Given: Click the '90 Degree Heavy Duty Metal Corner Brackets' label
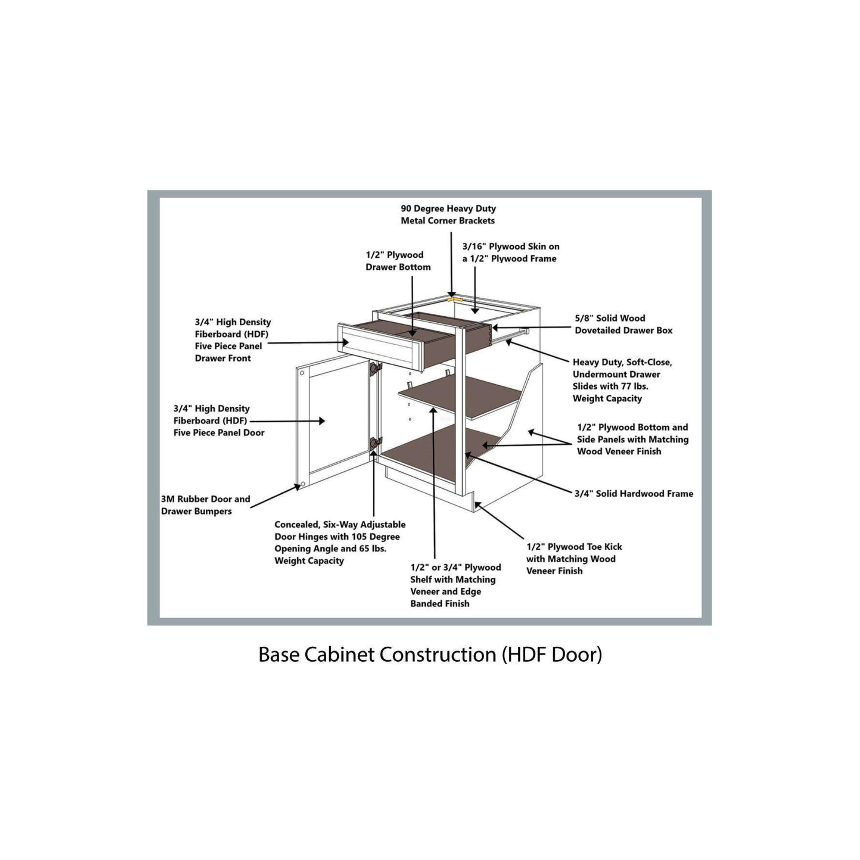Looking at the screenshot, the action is click(x=448, y=214).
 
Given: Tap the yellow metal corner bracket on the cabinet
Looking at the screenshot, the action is click(x=454, y=299).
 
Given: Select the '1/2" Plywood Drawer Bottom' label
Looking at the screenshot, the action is click(x=398, y=261).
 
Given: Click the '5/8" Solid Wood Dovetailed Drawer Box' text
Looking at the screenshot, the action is click(x=623, y=324).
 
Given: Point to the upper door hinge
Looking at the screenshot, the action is click(x=375, y=368).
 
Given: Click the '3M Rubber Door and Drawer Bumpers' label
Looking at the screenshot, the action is click(x=205, y=505).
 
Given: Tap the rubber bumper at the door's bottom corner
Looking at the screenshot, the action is click(x=302, y=484).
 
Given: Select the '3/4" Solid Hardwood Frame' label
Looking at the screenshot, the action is click(x=633, y=493).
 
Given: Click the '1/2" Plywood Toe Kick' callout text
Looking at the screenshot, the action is click(x=574, y=558).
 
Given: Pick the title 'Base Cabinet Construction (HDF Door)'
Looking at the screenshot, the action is click(x=430, y=654).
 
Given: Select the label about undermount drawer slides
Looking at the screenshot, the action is click(x=622, y=380).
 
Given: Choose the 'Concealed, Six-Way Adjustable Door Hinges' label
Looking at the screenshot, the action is click(x=340, y=542).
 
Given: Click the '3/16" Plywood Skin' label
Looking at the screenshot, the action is click(x=511, y=252).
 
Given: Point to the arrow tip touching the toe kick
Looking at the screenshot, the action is click(x=477, y=503).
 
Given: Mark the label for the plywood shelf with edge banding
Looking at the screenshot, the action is click(x=455, y=585).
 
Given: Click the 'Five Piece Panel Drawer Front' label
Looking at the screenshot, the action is click(x=232, y=340).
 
